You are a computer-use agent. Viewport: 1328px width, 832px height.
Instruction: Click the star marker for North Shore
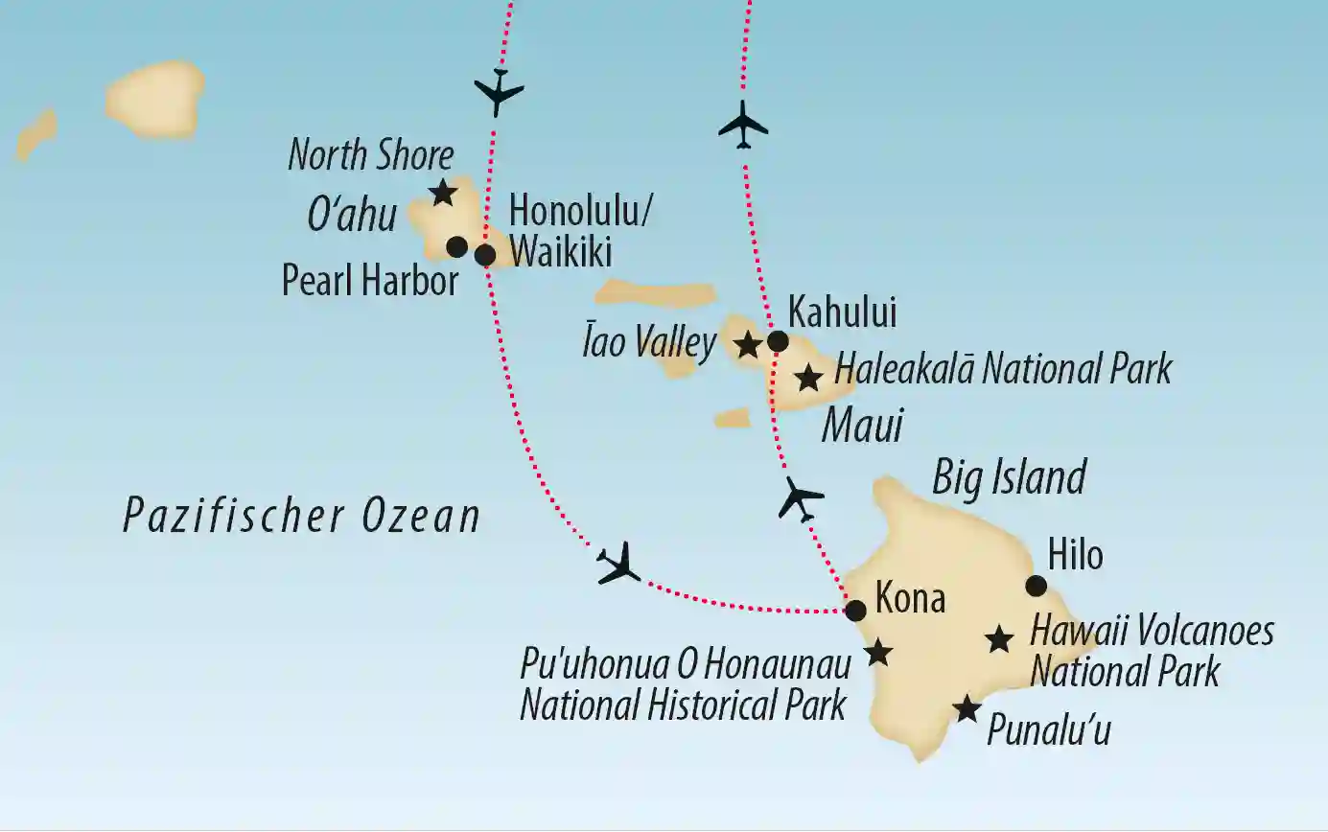click(x=442, y=193)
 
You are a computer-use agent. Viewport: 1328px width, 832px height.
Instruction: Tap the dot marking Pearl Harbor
click(x=457, y=247)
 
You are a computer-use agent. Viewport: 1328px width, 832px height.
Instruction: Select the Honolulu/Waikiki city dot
click(x=485, y=255)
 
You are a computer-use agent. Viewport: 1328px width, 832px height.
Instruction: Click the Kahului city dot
click(x=778, y=340)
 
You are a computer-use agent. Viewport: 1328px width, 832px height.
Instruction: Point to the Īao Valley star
click(x=747, y=343)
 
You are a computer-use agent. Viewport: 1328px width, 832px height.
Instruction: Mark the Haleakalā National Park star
click(x=809, y=378)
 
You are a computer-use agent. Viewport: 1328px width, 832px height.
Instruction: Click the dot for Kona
click(x=855, y=610)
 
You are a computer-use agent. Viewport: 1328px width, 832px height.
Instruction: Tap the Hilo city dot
click(x=1037, y=586)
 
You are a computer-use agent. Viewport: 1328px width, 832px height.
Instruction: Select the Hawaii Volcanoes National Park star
click(x=1000, y=638)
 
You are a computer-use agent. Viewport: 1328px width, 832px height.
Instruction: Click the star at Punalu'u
click(x=967, y=709)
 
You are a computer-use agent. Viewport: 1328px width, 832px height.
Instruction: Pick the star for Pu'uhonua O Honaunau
click(x=878, y=654)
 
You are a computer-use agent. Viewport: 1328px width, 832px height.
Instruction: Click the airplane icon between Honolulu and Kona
click(x=618, y=564)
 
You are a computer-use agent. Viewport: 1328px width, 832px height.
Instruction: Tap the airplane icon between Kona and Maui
click(x=801, y=498)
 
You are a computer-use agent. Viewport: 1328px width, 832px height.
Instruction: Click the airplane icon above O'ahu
click(x=499, y=92)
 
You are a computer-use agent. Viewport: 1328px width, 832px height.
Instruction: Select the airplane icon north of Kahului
click(x=744, y=125)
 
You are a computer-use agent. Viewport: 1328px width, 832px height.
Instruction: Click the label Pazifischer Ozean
click(x=301, y=518)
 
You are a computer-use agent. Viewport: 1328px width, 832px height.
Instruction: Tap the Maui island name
click(x=862, y=426)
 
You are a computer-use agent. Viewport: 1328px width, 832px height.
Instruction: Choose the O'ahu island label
click(x=351, y=217)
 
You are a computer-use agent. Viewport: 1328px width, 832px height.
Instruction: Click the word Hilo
click(x=1075, y=555)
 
